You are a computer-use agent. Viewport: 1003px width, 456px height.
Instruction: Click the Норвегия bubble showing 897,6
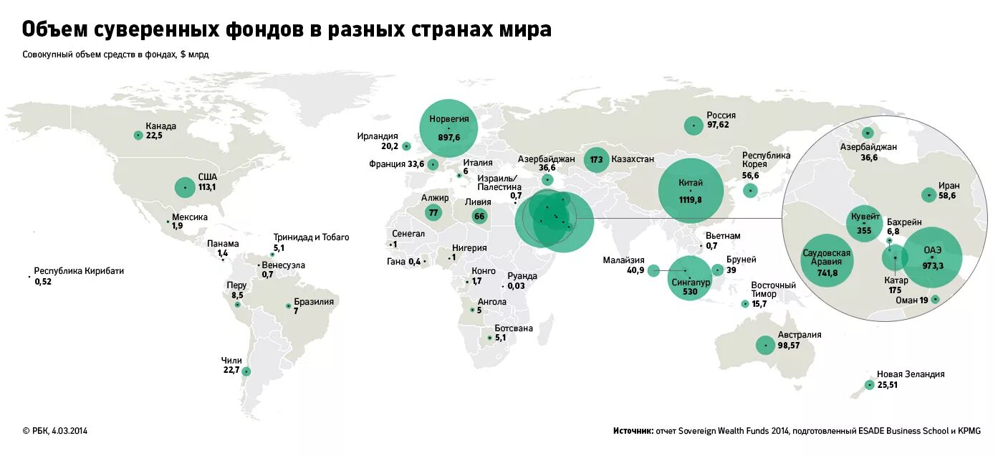pos(448,128)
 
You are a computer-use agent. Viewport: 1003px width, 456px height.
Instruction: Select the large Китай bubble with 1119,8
pos(691,191)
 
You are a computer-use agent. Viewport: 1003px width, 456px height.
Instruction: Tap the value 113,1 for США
pos(208,187)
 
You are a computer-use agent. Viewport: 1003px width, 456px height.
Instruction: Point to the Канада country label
pos(160,126)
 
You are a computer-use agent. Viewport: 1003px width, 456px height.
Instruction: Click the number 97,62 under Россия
pos(721,125)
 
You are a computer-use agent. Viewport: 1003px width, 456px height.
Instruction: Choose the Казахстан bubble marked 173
pos(596,159)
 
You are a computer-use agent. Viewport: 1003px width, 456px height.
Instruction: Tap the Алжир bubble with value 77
pos(433,212)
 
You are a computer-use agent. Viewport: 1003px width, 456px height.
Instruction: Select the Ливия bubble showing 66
pos(479,216)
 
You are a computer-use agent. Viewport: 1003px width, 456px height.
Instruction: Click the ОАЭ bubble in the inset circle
pos(932,257)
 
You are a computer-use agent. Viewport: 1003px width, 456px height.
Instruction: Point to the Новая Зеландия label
pos(911,374)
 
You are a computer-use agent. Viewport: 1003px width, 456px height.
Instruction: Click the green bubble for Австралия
pos(766,346)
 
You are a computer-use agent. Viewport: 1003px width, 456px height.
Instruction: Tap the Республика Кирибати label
pos(79,271)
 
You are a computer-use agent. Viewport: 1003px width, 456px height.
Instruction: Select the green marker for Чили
pos(246,371)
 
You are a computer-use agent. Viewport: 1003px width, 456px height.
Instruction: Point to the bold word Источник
pos(633,431)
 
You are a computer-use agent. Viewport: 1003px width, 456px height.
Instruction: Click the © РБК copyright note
pos(55,431)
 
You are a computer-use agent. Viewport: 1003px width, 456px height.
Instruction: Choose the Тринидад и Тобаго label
pos(311,237)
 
